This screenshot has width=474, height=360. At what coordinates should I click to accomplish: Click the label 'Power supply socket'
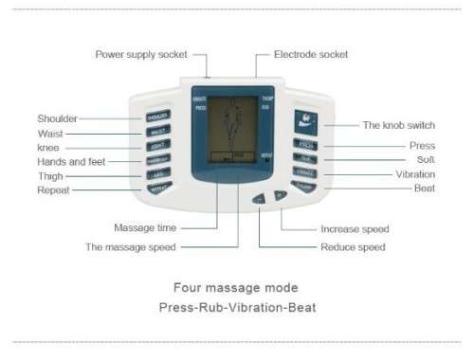point(141,54)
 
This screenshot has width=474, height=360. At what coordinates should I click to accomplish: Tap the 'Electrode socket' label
point(311,54)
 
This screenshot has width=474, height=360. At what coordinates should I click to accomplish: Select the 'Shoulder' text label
point(57,118)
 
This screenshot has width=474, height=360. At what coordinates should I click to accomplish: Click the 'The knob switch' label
point(398,124)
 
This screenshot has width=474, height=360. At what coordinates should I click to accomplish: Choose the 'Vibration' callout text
point(415,174)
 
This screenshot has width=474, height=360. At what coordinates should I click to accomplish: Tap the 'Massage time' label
point(144,228)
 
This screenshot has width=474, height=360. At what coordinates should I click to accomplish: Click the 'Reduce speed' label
point(353,247)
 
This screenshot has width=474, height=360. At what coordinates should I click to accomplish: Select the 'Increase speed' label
point(355,228)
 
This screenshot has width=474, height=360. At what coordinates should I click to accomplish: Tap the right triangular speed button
point(280,196)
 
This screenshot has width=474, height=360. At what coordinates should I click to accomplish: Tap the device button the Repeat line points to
point(157,188)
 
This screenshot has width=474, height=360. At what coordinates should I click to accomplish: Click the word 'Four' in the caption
point(186,286)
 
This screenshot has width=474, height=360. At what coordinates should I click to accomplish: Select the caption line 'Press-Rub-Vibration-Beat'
point(237,308)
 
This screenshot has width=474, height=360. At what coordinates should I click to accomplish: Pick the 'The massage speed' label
point(132,247)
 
